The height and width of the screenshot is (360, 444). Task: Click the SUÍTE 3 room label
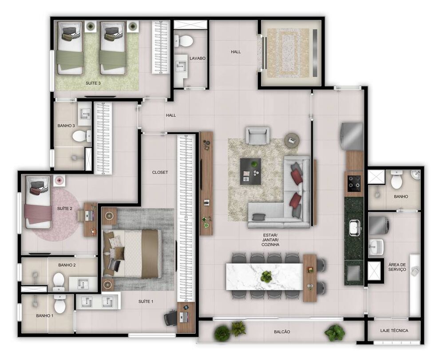click(x=93, y=83)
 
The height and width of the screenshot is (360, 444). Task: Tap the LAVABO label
click(x=198, y=58)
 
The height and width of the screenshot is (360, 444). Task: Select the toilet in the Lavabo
click(x=184, y=41)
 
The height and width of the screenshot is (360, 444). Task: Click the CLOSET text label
click(x=160, y=172)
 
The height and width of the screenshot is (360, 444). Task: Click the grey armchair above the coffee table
click(x=258, y=135)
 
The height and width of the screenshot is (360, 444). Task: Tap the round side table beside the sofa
click(x=292, y=140)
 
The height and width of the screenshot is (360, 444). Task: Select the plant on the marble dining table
click(x=266, y=277)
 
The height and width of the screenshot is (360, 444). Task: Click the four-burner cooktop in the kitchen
click(x=354, y=182)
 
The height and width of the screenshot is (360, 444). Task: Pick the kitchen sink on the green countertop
click(x=355, y=227)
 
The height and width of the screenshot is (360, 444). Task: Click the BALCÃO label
click(x=282, y=332)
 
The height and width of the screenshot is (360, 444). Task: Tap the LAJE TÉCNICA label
click(x=394, y=331)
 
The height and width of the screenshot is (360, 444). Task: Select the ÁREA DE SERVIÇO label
click(x=397, y=266)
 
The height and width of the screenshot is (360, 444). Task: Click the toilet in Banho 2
click(x=59, y=281)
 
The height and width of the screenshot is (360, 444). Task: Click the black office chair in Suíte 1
click(x=171, y=317)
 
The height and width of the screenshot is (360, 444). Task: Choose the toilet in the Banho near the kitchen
click(x=397, y=181)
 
